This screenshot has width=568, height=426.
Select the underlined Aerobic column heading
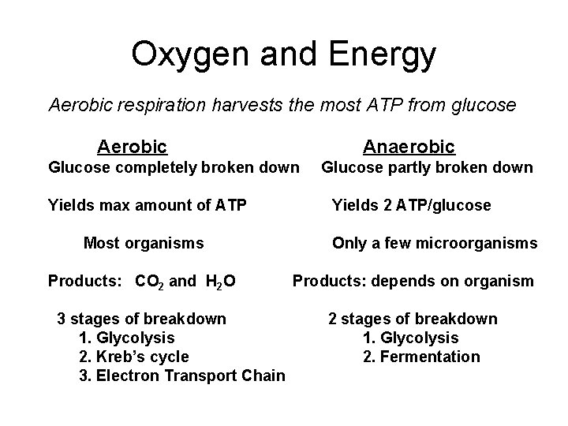[132, 147]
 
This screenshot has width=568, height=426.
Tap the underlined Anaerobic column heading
[409, 147]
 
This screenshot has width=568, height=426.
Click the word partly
[403, 167]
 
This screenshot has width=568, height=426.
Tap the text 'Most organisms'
[144, 243]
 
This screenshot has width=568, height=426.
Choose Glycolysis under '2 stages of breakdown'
[419, 338]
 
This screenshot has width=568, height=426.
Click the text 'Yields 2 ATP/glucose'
[411, 206]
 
